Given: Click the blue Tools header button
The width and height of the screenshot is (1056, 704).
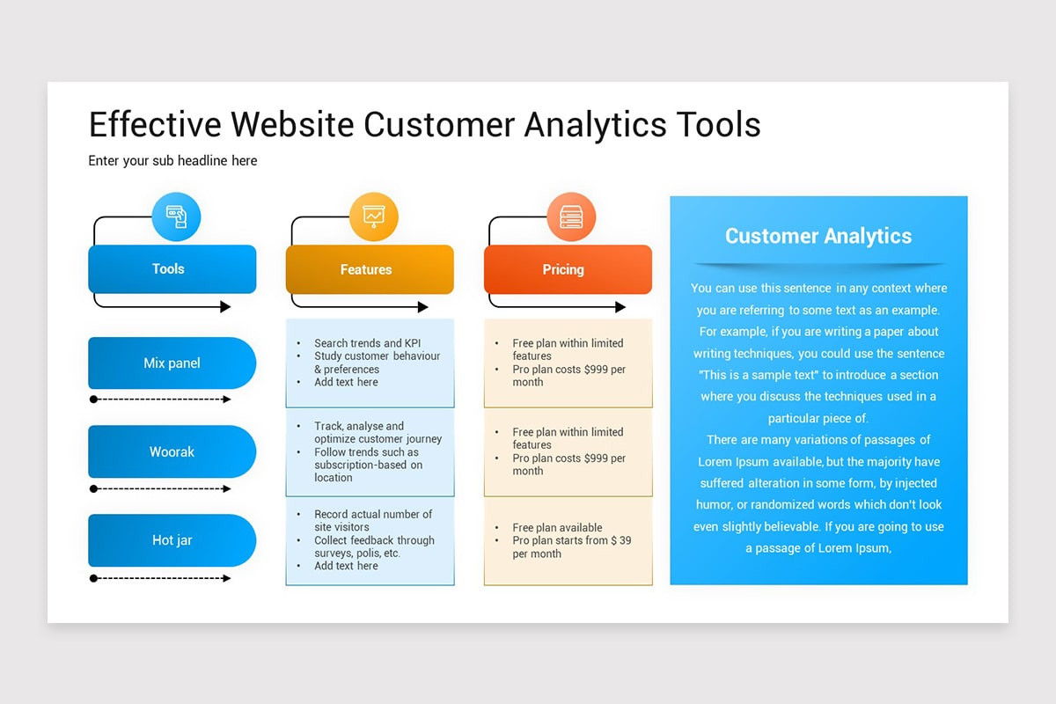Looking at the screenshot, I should [x=172, y=269].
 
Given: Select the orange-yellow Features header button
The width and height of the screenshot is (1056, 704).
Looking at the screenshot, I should [x=370, y=269].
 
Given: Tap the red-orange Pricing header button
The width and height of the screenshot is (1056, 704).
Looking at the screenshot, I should [x=568, y=269].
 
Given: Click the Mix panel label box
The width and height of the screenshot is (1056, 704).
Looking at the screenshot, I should [x=172, y=363].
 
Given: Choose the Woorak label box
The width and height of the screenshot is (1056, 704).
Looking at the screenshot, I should [x=172, y=451].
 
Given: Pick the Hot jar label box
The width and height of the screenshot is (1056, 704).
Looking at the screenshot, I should [x=172, y=540].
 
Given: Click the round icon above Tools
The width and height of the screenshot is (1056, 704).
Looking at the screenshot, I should [x=176, y=216].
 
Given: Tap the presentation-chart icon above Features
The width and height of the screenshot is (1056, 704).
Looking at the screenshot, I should [x=374, y=216].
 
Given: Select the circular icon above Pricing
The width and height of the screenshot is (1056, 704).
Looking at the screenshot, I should [x=571, y=216].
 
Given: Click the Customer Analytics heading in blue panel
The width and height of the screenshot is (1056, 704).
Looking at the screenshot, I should [x=818, y=236].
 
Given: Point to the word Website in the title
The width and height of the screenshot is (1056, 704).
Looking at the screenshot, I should [x=291, y=124].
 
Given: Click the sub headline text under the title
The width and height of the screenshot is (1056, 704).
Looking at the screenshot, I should [x=172, y=161].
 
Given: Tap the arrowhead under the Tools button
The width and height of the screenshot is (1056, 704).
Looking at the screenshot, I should [x=225, y=307].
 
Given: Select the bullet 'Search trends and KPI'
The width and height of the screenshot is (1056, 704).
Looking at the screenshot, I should [x=368, y=343].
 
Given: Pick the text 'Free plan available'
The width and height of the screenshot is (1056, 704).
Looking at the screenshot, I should [x=557, y=528].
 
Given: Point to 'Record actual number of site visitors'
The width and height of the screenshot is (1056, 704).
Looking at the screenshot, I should [x=372, y=520].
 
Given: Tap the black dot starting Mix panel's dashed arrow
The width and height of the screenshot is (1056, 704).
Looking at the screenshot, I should [x=93, y=400].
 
